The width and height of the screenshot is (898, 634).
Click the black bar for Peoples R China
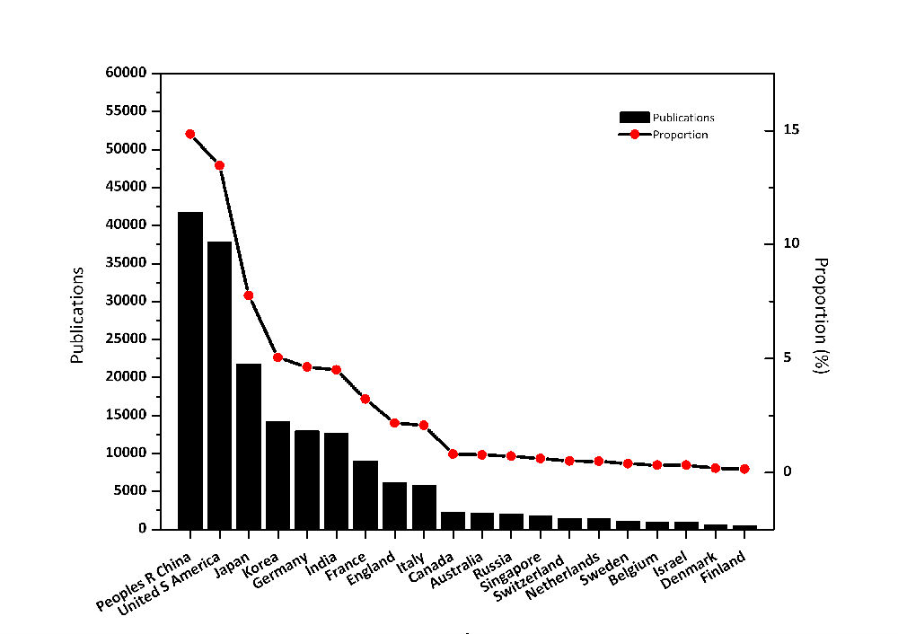click(190, 370)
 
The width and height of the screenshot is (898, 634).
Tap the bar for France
click(365, 494)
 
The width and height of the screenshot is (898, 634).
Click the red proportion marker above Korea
click(277, 357)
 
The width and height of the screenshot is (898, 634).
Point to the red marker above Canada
click(453, 454)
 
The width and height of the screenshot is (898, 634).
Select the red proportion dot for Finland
click(744, 469)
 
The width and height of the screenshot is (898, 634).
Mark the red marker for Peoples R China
click(190, 134)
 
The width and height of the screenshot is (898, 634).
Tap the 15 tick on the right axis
click(791, 130)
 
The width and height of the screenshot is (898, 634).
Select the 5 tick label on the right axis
click(788, 357)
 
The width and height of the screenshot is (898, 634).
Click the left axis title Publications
click(77, 314)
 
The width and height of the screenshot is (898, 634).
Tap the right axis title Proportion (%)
click(820, 315)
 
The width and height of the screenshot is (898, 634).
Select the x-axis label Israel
click(671, 558)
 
